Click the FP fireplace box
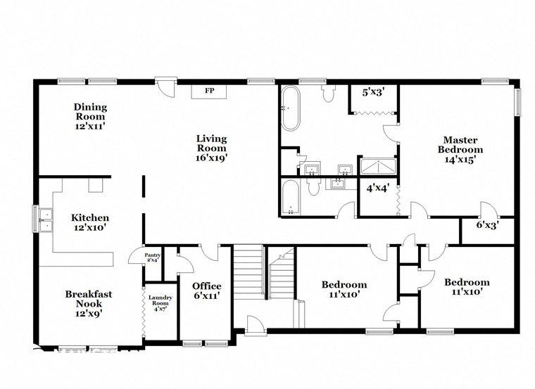pos(209,91)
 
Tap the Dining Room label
pos(90,116)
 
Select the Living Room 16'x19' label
pos(212,148)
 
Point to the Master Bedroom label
pos(460,149)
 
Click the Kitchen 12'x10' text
pos(90,222)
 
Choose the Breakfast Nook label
pos(89,303)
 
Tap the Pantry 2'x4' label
pos(152,257)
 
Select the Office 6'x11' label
pos(207,291)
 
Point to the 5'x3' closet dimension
pos(374,92)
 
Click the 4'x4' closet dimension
pos(378,189)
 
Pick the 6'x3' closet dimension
pos(488,225)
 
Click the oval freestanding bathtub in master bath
pos(291,108)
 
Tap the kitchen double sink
pos(45,219)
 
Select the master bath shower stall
pos(378,167)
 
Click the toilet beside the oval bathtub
pos(328,94)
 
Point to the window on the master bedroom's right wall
pos(518,102)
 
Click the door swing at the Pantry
pos(137,255)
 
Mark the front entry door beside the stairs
pos(256,325)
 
